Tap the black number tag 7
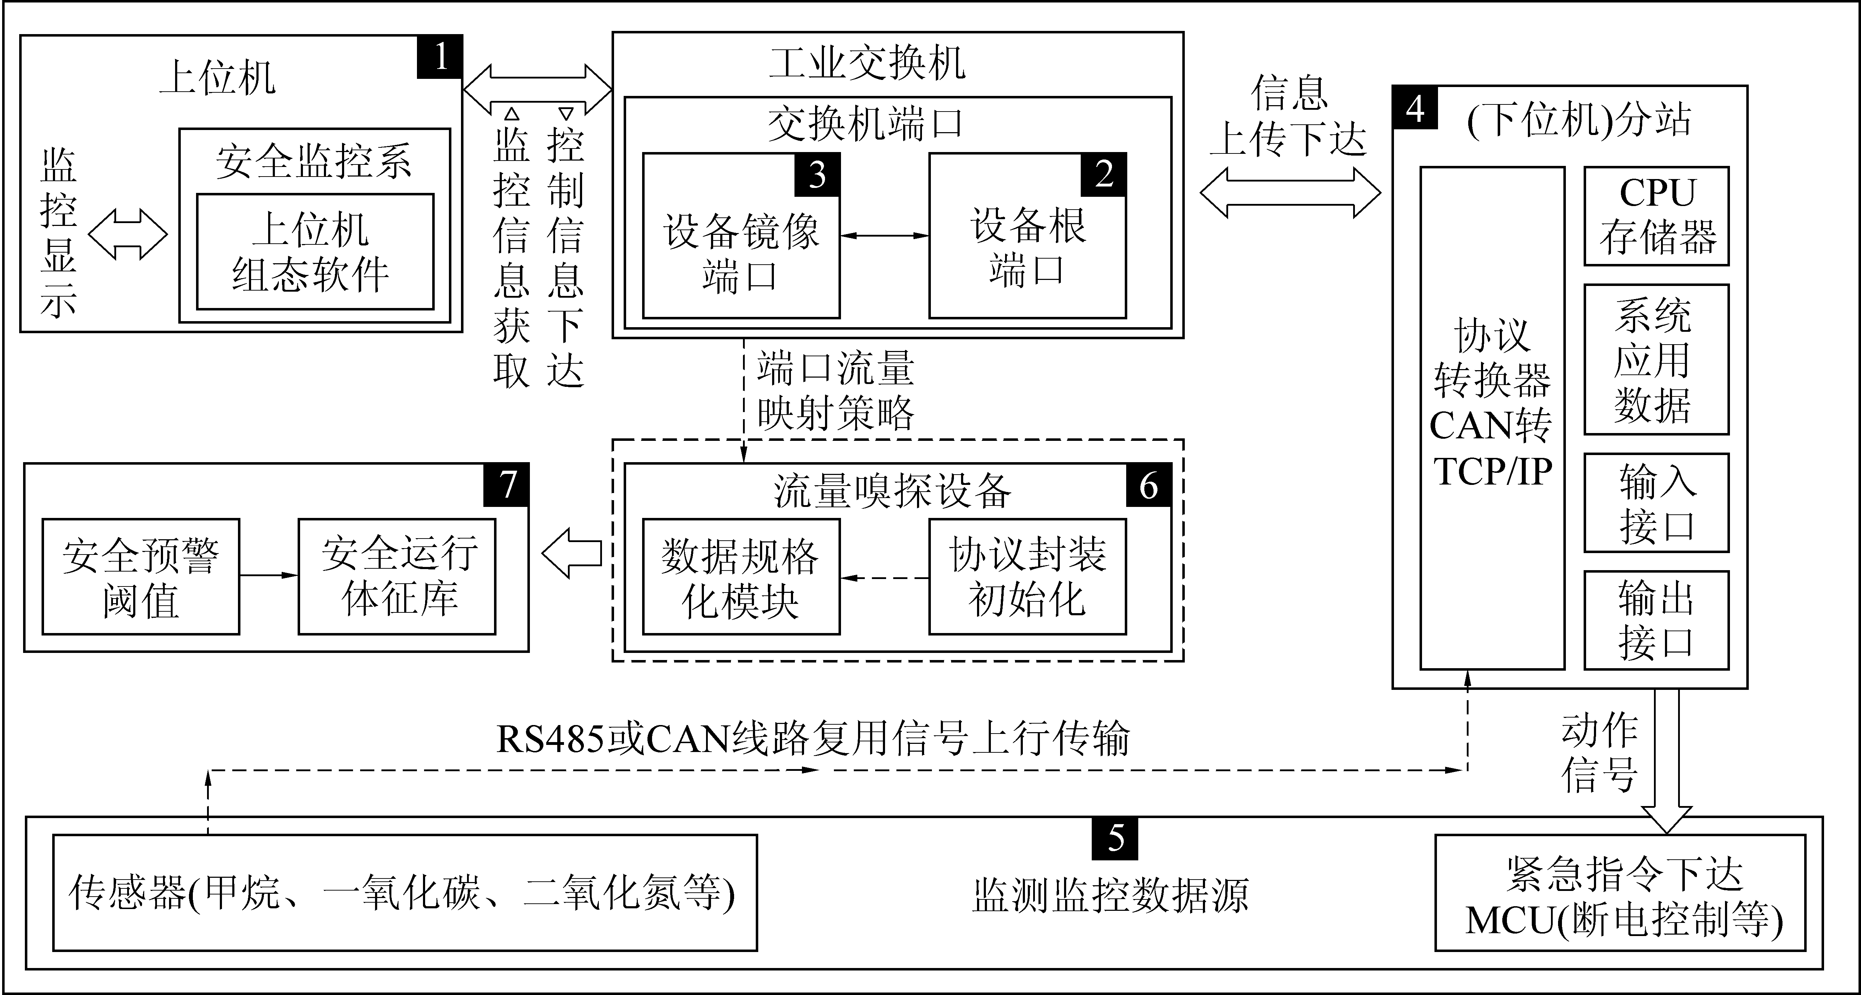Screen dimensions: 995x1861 point(506,485)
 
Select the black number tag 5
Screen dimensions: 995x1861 point(1115,838)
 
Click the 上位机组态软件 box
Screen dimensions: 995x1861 point(315,252)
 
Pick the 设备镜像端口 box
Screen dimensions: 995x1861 point(741,236)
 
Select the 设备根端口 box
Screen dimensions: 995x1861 point(1027,236)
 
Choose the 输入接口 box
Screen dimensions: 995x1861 point(1656,503)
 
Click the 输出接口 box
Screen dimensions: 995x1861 point(1656,620)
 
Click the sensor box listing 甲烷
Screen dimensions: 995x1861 point(405,892)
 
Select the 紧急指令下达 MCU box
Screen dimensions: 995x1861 point(1620,892)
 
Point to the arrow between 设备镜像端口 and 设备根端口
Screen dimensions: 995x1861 point(884,236)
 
